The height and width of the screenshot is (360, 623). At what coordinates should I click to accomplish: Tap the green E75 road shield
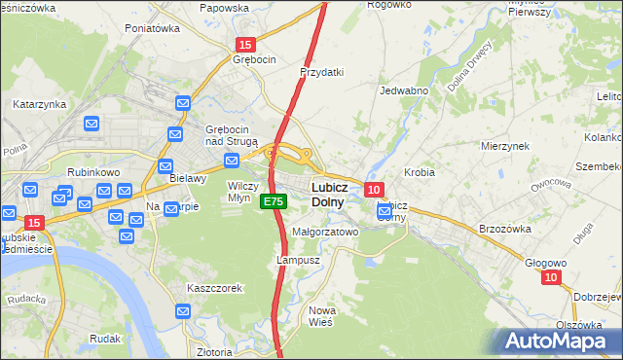click(x=274, y=201)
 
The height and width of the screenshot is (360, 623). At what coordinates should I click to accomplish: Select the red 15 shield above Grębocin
click(x=245, y=45)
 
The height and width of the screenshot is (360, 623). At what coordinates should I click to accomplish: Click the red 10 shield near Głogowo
click(x=552, y=277)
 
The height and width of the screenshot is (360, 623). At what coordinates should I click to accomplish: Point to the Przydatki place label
click(x=323, y=72)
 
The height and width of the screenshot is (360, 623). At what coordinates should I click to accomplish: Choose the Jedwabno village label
click(x=404, y=90)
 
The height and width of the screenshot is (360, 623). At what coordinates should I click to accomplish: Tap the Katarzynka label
click(x=39, y=103)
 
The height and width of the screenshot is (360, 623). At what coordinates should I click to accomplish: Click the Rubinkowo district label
click(x=92, y=172)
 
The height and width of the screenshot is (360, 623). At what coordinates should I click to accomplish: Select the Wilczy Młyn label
click(x=242, y=190)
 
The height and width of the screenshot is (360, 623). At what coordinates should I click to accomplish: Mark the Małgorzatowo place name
click(x=326, y=233)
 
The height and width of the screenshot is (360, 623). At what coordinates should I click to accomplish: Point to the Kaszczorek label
click(x=215, y=288)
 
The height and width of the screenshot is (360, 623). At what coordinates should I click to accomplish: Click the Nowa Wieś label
click(x=321, y=315)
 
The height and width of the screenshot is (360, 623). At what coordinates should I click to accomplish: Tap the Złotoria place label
click(x=213, y=351)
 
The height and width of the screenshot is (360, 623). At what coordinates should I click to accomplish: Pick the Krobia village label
click(x=420, y=171)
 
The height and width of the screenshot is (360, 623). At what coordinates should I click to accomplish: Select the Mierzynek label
click(x=504, y=145)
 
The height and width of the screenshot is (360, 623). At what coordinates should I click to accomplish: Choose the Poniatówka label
click(x=153, y=28)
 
